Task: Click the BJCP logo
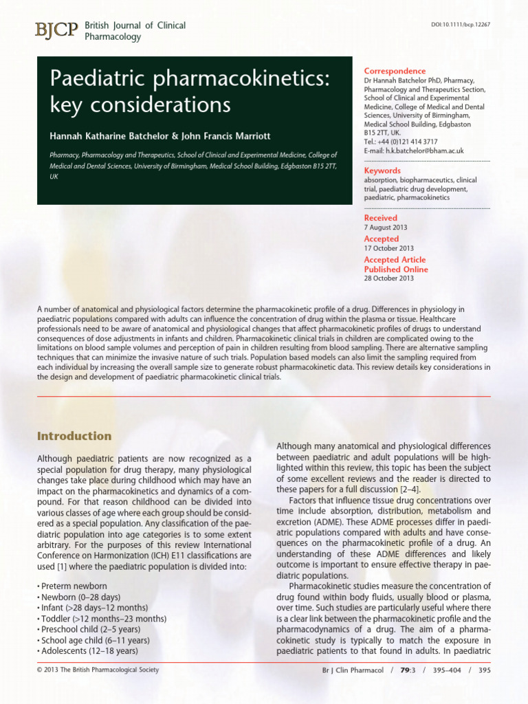[57, 30]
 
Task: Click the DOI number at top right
[460, 25]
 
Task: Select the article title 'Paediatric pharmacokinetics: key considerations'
[189, 93]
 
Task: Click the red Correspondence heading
[395, 71]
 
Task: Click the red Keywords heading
[382, 170]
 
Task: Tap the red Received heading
[381, 218]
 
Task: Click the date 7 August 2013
[386, 228]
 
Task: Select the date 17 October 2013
[388, 248]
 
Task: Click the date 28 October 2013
[388, 278]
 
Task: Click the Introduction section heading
[74, 436]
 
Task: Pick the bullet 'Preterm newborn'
[74, 586]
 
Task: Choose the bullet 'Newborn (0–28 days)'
[80, 597]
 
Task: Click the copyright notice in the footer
[98, 670]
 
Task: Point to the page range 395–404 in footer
[445, 670]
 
